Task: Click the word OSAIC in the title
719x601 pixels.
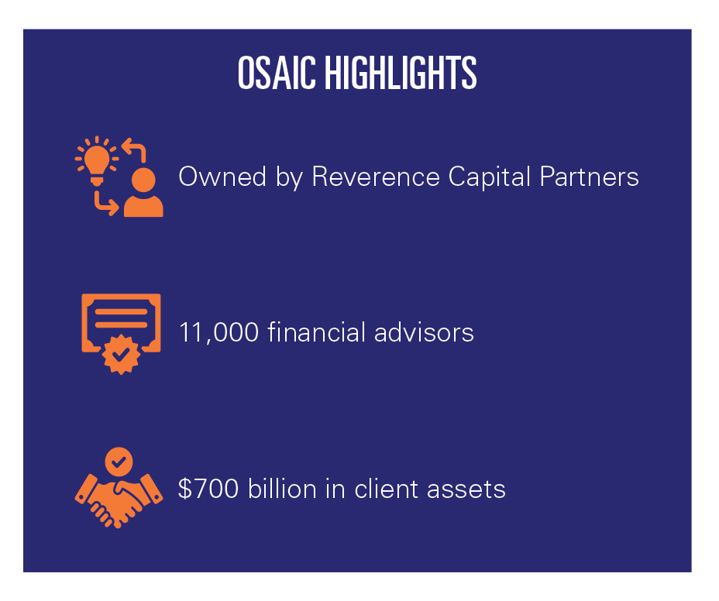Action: [277, 73]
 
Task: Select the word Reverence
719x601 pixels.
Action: [376, 177]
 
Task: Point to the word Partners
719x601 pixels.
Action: [590, 177]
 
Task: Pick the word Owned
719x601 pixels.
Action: [222, 177]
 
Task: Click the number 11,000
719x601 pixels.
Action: [218, 333]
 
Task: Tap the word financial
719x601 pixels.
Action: [316, 331]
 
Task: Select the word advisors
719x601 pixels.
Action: [424, 331]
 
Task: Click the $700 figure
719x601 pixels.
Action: [208, 488]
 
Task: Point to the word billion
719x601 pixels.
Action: [282, 488]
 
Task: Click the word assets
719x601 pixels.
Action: [466, 489]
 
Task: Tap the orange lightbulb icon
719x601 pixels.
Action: [97, 161]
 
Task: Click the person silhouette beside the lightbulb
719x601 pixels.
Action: [143, 193]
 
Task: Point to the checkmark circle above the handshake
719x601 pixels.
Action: [119, 461]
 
